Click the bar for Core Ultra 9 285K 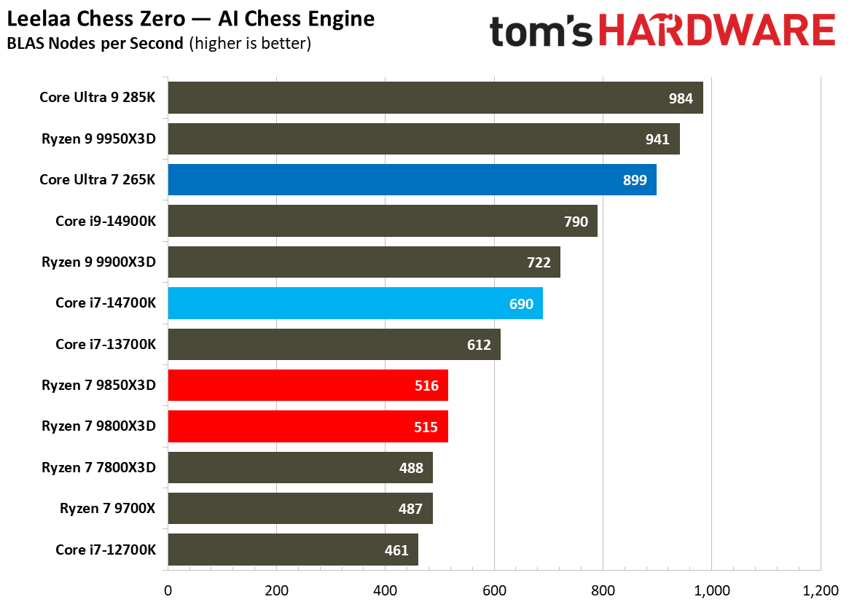(435, 98)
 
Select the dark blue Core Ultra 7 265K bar (412, 180)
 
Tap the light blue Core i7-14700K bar (355, 303)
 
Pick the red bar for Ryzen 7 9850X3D (308, 386)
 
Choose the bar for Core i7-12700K (293, 550)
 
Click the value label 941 (657, 139)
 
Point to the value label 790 (576, 222)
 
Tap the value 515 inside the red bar (426, 426)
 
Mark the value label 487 (411, 509)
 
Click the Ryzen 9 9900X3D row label (98, 262)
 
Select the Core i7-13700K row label (106, 344)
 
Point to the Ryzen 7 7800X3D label (98, 467)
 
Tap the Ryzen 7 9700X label (108, 509)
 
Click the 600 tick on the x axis (494, 590)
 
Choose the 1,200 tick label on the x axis (821, 590)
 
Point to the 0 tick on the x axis (168, 590)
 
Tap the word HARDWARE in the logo (721, 31)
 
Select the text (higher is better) (250, 44)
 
